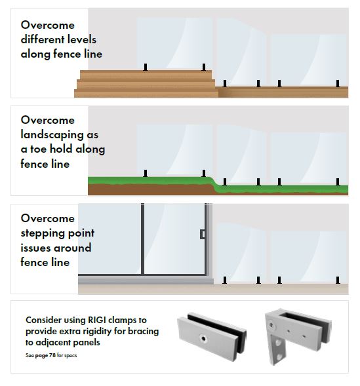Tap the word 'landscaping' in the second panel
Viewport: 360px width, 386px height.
[52, 135]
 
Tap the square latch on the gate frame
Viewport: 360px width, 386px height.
[203, 234]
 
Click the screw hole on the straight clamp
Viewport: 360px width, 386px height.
[203, 339]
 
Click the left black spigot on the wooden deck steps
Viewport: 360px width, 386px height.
[146, 68]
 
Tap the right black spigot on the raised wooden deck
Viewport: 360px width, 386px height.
[204, 67]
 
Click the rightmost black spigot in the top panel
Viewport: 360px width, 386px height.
[338, 83]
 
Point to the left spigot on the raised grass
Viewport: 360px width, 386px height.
[146, 173]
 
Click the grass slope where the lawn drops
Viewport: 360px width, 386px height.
[214, 183]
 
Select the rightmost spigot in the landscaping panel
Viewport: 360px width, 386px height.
[338, 182]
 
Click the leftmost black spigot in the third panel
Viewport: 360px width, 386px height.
[224, 280]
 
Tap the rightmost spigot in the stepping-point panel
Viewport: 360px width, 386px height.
[338, 280]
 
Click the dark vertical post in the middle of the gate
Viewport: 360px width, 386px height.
[142, 239]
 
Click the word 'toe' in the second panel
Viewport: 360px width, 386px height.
[39, 149]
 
